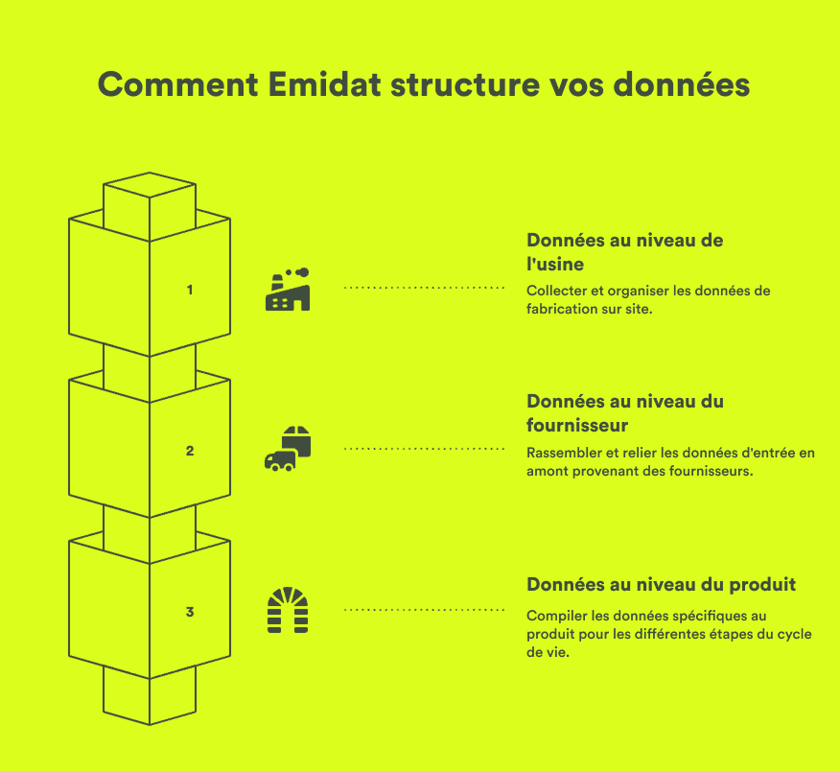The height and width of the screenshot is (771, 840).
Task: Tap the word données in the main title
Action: point(679,84)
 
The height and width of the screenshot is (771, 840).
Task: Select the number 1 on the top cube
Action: point(190,289)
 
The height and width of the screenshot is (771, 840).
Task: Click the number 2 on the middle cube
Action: point(190,450)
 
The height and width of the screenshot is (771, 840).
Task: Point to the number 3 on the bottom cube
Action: point(190,611)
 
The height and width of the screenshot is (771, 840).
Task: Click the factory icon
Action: point(288,289)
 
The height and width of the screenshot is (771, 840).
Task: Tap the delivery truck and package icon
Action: point(288,449)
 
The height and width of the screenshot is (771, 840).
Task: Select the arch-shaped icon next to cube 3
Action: point(288,611)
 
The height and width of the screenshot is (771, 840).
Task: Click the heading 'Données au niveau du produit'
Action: point(661,584)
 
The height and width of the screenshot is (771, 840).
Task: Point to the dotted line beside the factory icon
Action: point(424,288)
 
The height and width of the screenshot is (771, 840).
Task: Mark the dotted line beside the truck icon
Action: point(424,448)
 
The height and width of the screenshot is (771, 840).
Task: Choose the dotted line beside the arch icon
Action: point(424,609)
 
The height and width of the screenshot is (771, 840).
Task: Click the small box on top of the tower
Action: point(150,197)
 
